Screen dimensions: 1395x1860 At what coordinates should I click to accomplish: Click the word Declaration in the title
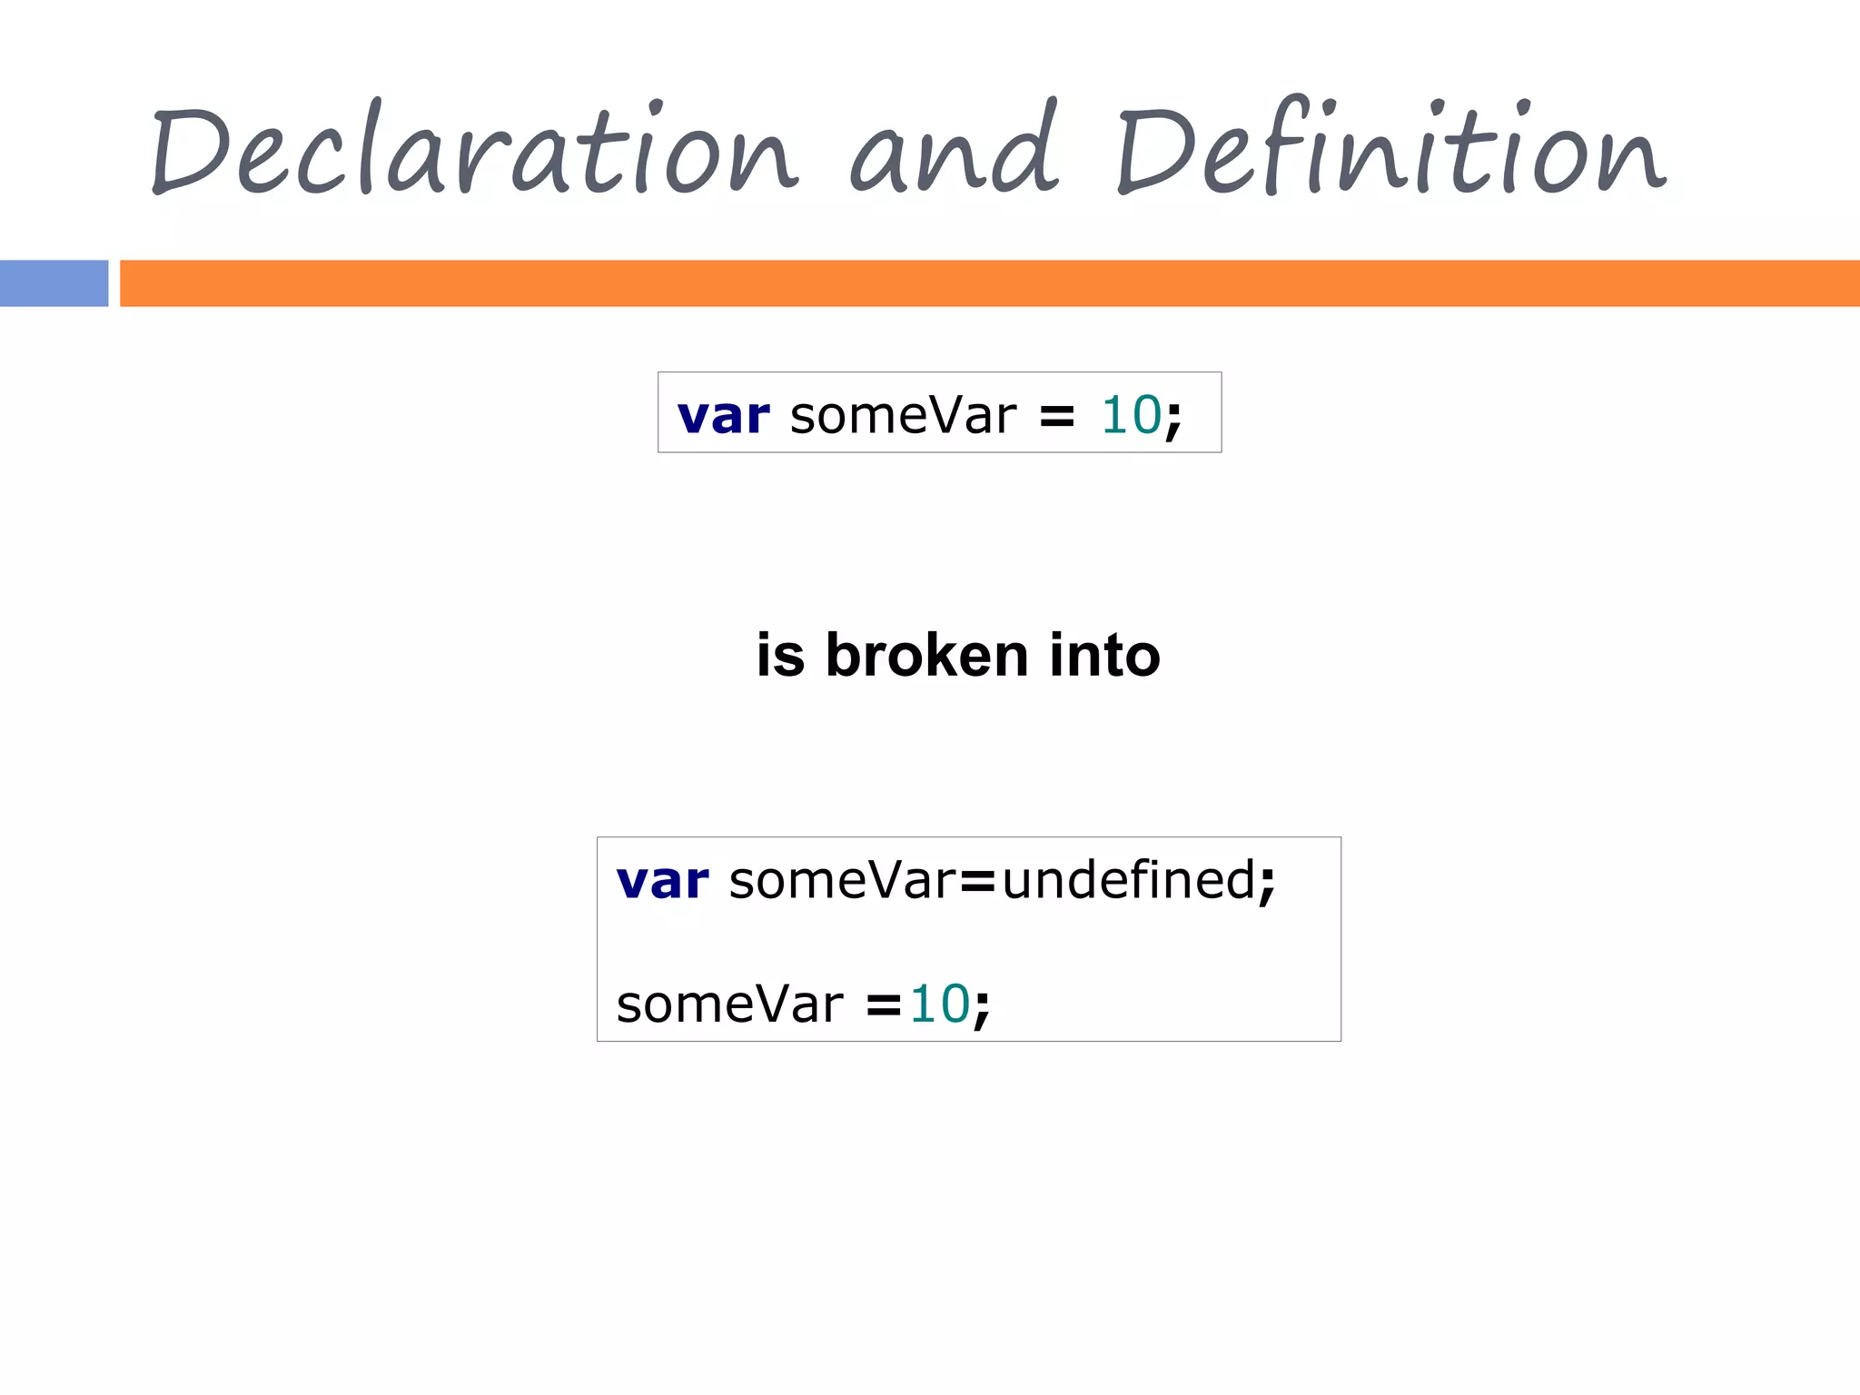pyautogui.click(x=472, y=150)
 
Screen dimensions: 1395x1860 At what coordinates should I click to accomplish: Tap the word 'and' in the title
pyautogui.click(x=954, y=150)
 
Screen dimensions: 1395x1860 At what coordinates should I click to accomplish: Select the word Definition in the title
pyautogui.click(x=1390, y=150)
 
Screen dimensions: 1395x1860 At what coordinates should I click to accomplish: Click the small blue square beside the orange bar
pyautogui.click(x=54, y=283)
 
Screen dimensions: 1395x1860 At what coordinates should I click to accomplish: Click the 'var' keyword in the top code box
pyautogui.click(x=723, y=416)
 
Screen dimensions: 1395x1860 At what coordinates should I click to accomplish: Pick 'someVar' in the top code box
pyautogui.click(x=903, y=416)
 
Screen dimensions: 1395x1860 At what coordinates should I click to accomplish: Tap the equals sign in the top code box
pyautogui.click(x=1056, y=417)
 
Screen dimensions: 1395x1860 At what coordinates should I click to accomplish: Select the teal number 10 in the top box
pyautogui.click(x=1131, y=415)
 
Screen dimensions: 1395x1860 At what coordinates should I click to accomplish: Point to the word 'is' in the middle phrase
pyautogui.click(x=780, y=655)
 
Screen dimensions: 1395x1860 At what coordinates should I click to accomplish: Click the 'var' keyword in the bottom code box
pyautogui.click(x=662, y=881)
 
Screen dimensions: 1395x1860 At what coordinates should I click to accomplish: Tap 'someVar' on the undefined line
pyautogui.click(x=842, y=880)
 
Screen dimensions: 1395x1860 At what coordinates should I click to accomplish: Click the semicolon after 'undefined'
pyautogui.click(x=1267, y=884)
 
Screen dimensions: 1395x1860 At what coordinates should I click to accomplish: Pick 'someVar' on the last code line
pyautogui.click(x=729, y=1004)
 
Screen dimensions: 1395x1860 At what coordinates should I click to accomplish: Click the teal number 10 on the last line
pyautogui.click(x=940, y=1004)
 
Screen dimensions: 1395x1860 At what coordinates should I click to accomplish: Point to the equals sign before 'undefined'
pyautogui.click(x=978, y=882)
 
